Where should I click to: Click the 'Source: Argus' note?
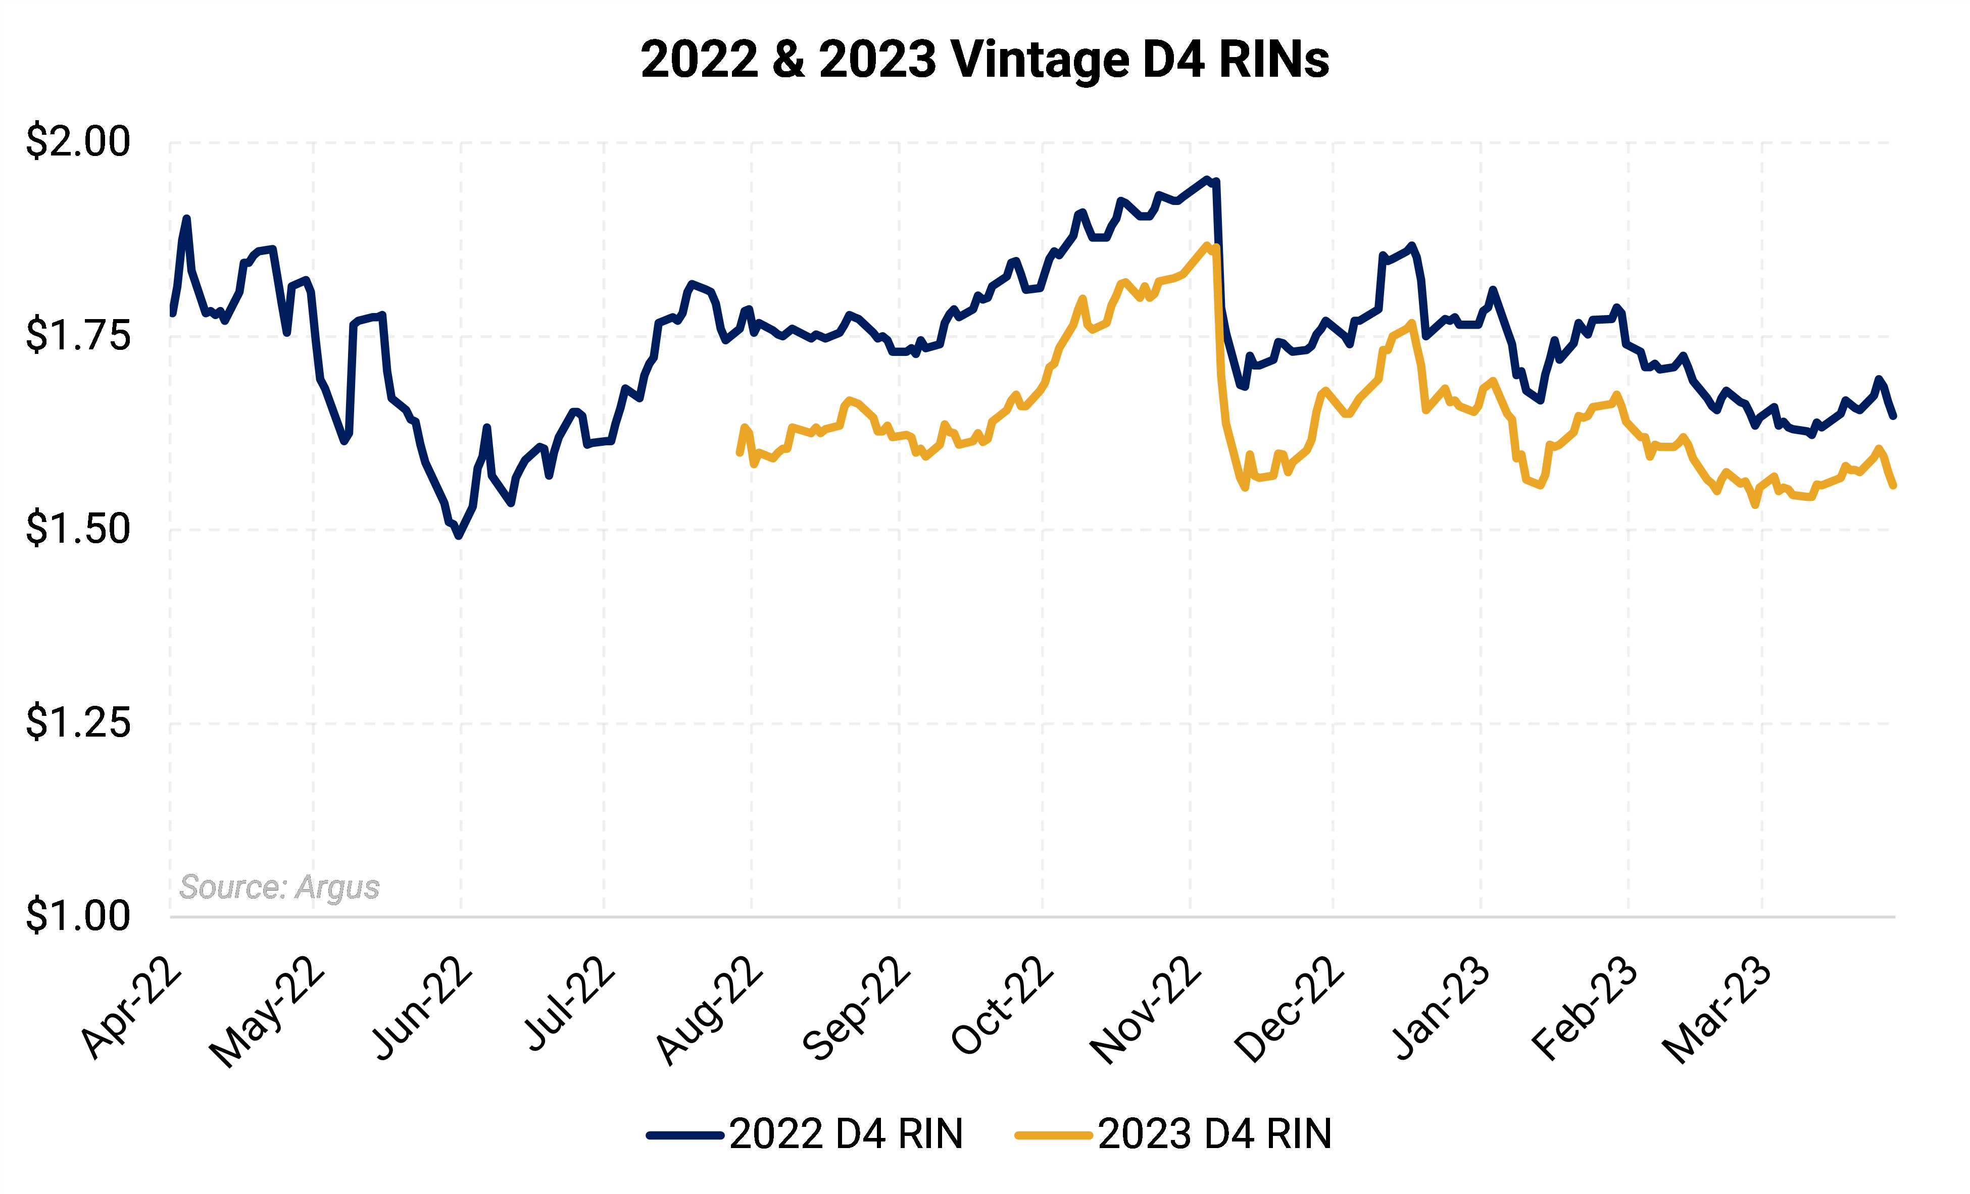point(279,887)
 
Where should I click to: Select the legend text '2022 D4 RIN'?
point(846,1134)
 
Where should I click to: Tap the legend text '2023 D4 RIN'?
point(1214,1134)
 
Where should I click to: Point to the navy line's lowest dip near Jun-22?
point(458,536)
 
